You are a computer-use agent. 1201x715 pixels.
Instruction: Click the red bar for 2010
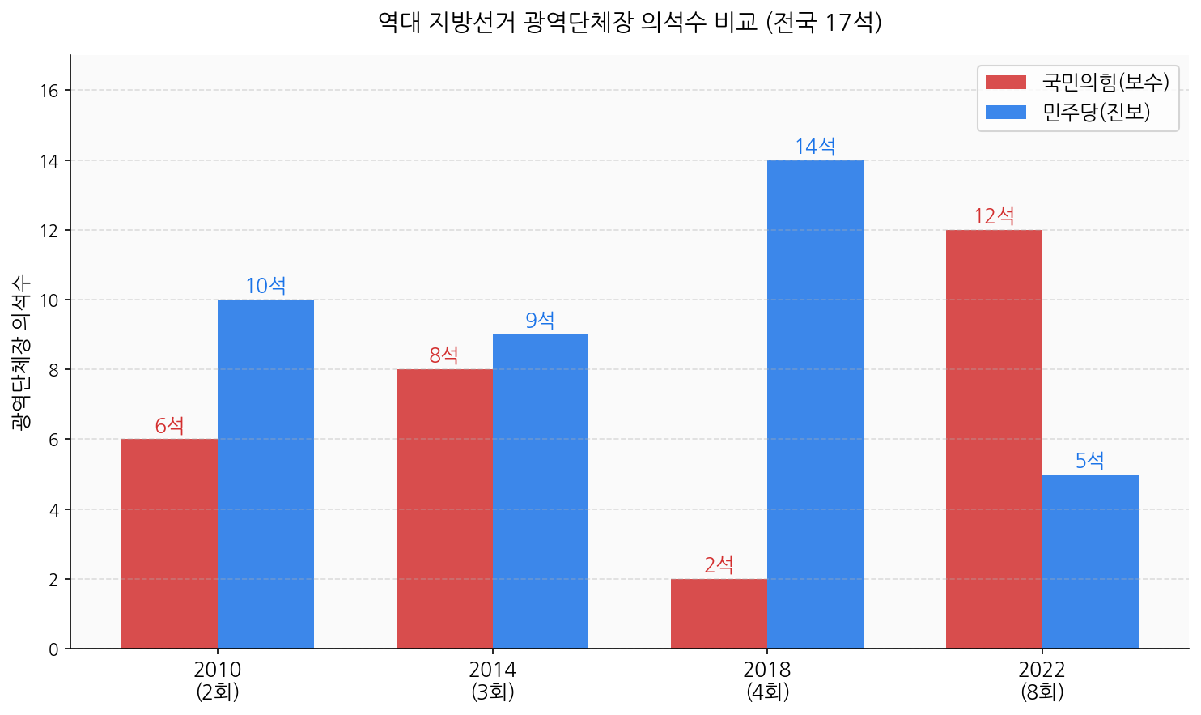pos(169,543)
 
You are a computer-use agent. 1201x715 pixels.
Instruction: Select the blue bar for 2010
pos(265,474)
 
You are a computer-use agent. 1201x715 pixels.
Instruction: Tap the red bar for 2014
pos(444,509)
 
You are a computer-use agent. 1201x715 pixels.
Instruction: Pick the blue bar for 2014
pos(541,491)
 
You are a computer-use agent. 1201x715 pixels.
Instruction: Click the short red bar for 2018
pos(719,613)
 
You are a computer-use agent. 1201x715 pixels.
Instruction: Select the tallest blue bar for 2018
pos(815,404)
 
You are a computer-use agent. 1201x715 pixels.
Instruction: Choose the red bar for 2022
pos(994,439)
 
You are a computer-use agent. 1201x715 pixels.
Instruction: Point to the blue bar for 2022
pos(1090,561)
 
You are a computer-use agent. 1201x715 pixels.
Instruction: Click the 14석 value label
pos(815,147)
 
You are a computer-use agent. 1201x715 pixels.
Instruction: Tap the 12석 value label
pos(994,216)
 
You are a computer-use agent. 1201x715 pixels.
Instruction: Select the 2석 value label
pos(719,565)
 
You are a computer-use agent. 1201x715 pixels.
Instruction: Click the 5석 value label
pos(1090,461)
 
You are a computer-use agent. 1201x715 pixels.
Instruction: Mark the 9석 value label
pos(541,321)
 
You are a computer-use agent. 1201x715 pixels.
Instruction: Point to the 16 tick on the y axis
pos(49,91)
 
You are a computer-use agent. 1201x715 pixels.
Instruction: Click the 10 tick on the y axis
pos(49,300)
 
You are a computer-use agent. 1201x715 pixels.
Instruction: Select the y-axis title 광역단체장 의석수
pos(21,351)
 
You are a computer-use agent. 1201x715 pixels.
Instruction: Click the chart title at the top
pos(630,22)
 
